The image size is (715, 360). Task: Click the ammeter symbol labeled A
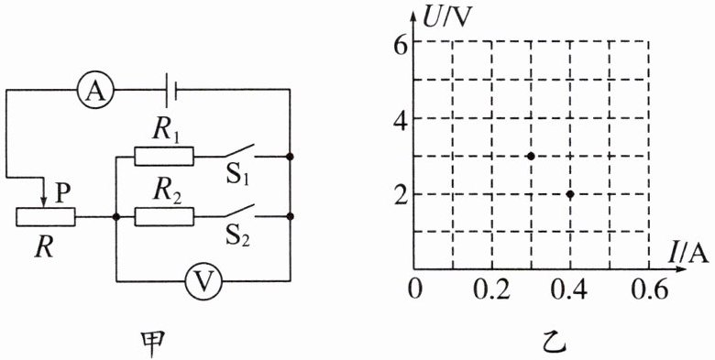95,90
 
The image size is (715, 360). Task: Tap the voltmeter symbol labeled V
204,281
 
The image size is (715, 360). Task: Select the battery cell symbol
171,90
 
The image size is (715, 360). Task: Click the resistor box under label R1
164,156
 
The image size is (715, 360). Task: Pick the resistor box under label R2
164,216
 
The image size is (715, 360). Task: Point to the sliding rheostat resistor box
46,217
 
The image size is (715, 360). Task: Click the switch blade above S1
238,151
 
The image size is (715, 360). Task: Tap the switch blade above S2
238,211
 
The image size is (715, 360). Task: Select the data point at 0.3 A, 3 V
531,156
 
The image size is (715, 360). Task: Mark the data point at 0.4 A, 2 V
570,194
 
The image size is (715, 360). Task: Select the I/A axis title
688,253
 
